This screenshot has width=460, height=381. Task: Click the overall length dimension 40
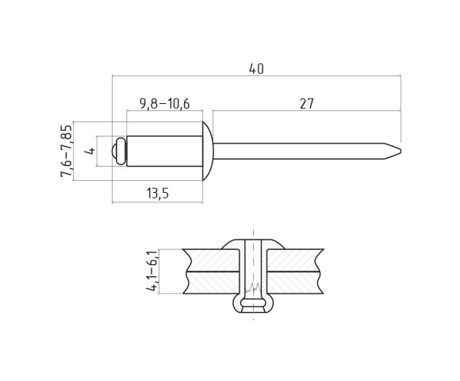point(255,69)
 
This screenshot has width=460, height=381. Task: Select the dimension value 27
point(306,103)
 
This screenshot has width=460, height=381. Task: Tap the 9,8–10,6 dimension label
point(164,103)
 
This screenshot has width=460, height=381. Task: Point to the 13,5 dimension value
point(158,194)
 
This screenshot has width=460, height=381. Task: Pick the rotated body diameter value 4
point(90,151)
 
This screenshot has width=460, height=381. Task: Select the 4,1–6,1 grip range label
point(151,271)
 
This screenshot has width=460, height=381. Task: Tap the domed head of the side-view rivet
point(208,151)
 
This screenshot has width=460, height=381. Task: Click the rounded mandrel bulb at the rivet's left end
point(119,151)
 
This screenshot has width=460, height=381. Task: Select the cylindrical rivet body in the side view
point(164,151)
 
